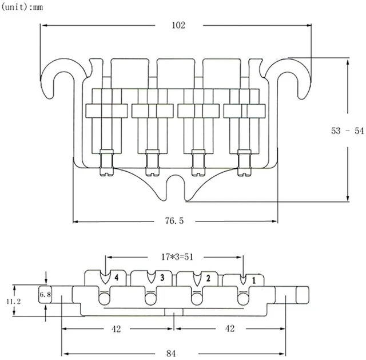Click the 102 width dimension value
coord(178,25)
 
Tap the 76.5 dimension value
coord(174,220)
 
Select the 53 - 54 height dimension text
coord(347,130)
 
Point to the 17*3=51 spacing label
coord(177,257)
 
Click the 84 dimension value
coord(171,354)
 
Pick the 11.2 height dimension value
coord(14,302)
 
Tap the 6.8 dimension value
coord(45,295)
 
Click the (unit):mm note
coord(22,7)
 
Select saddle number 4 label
coord(116,278)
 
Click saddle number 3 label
coord(162,278)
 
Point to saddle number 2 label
coord(208,278)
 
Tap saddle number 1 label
coord(254,280)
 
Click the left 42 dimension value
coord(116,329)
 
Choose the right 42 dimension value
coord(230,329)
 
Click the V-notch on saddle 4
coord(105,277)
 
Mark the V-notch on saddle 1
coord(243,279)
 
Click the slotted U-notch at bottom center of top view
coord(176,187)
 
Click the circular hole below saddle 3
coord(150,299)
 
